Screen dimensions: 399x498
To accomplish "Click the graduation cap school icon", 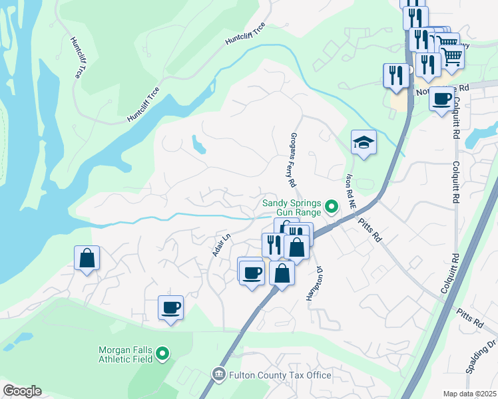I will (x=364, y=142).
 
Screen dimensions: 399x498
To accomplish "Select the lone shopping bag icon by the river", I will (x=87, y=258).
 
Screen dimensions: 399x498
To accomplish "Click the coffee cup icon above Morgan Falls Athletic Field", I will (x=170, y=308).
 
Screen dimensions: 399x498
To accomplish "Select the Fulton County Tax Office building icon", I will (x=219, y=376).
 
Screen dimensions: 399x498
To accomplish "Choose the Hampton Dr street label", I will (x=314, y=282).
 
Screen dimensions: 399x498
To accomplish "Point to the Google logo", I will (x=22, y=391).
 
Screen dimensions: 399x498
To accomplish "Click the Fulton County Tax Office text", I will (x=280, y=376).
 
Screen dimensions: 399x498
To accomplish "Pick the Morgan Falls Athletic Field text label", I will (x=126, y=354).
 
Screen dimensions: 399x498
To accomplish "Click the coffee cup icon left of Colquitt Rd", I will (x=441, y=99).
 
